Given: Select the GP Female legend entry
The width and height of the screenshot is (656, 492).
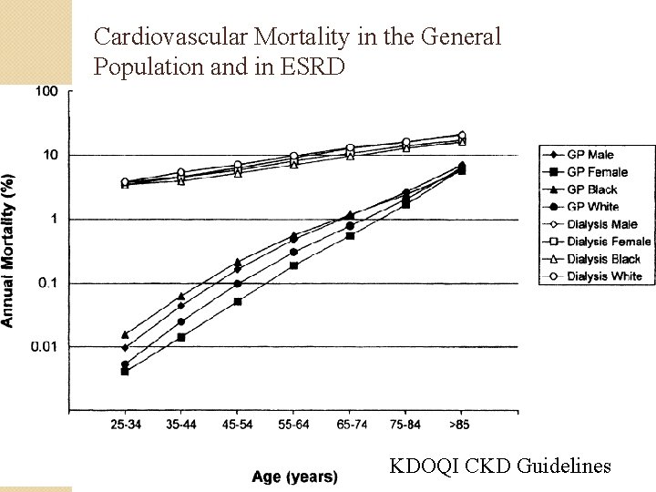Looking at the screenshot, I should coord(597,171).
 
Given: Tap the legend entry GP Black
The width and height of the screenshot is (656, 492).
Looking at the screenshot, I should coord(591,190).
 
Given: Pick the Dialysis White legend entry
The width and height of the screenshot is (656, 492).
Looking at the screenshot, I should coord(603,276).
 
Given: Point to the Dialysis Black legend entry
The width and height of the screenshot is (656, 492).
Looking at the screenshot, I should coord(603,259).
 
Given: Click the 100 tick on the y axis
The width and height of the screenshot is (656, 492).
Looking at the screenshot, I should coord(46,91).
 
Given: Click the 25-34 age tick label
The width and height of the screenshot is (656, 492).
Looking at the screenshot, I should coord(125,425).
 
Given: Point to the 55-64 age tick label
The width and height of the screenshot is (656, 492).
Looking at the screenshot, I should coord(293,425).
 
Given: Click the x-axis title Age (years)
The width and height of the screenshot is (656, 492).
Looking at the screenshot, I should coord(294,476).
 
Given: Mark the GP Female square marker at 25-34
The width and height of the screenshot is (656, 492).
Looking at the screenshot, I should coord(125,372).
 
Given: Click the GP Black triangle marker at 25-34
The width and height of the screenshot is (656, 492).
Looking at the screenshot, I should coord(125,334).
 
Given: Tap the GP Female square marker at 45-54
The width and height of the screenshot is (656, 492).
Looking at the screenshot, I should coord(237,302).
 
